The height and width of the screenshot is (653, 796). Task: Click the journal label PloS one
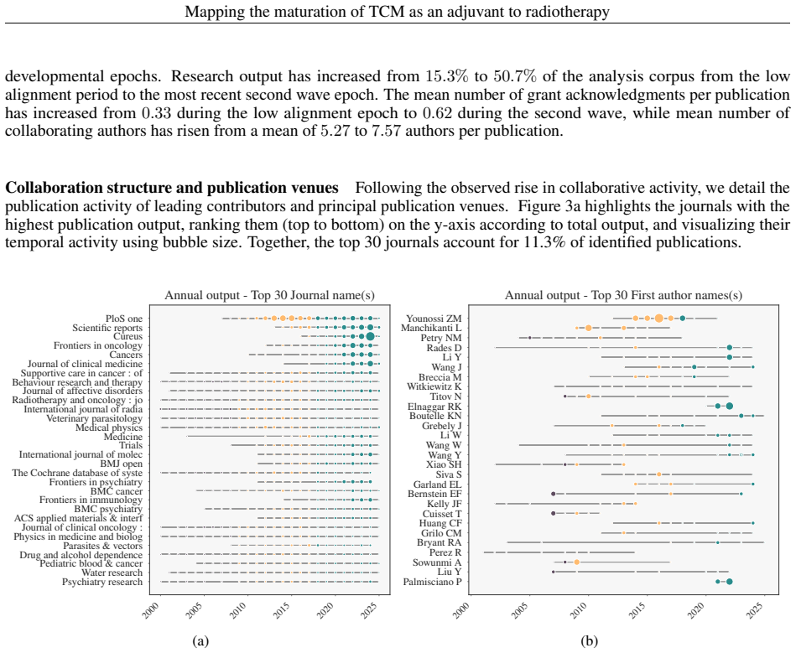pyautogui.click(x=124, y=319)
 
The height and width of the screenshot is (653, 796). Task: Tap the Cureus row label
pyautogui.click(x=128, y=336)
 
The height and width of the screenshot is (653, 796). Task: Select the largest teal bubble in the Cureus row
pyautogui.click(x=370, y=336)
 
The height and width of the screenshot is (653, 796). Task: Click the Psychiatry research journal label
pyautogui.click(x=102, y=582)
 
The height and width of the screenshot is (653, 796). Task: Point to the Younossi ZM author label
pyautogui.click(x=434, y=319)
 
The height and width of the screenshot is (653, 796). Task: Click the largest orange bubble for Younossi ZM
pyautogui.click(x=659, y=319)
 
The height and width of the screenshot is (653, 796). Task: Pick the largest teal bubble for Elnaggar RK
pyautogui.click(x=730, y=406)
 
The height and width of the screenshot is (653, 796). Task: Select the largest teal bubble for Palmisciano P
pyautogui.click(x=730, y=582)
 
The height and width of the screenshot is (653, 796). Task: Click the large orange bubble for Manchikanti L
pyautogui.click(x=588, y=328)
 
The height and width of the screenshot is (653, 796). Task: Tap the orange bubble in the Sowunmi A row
pyautogui.click(x=577, y=562)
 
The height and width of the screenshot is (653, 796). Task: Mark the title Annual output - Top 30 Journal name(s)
pyautogui.click(x=269, y=295)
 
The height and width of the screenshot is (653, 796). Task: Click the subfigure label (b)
pyautogui.click(x=590, y=641)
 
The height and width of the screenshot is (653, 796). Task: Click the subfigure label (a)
pyautogui.click(x=201, y=641)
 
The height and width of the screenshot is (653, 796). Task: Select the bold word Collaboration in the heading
pyautogui.click(x=47, y=188)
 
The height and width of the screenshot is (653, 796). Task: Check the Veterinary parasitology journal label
pyautogui.click(x=95, y=418)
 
